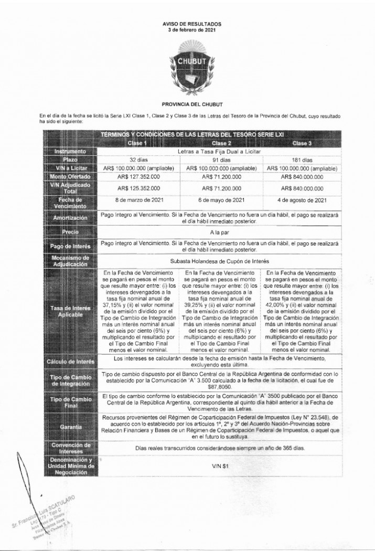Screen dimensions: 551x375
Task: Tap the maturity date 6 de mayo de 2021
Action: coord(222,200)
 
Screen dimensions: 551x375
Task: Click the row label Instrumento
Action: coord(70,152)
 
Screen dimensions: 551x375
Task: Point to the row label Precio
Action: coord(70,231)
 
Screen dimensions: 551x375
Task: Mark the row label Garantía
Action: coord(70,428)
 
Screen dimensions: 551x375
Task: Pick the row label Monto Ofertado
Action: coord(70,177)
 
